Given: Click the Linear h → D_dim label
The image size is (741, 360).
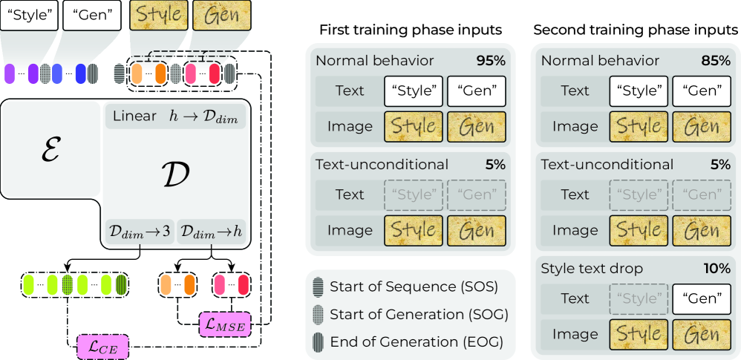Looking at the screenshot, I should [175, 116].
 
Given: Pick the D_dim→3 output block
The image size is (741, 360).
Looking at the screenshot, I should [140, 232].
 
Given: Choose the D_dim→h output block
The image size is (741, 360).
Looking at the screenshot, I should [212, 232].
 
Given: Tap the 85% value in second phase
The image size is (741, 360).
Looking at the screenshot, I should [715, 60].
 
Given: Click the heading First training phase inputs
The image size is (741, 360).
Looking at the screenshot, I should [411, 30].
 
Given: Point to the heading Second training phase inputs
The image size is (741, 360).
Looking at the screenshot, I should [636, 30].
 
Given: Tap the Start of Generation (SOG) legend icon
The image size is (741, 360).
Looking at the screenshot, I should [317, 314].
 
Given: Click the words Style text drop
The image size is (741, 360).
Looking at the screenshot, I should [590, 268].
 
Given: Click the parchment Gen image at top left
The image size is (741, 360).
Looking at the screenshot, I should [221, 16].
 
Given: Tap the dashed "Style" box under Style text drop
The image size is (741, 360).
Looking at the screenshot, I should [638, 298].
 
